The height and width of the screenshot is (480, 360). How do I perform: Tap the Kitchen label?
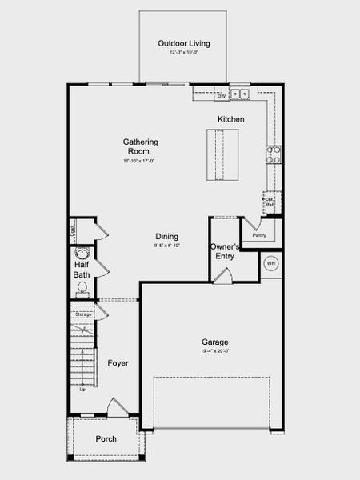coord(231,119)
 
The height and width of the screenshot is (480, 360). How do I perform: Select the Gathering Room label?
coord(140,146)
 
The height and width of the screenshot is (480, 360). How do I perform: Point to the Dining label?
coord(166,236)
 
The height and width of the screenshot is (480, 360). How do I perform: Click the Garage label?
coord(215,342)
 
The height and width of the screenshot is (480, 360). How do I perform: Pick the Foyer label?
coord(118,363)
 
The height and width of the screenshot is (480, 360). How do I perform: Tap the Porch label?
coord(106,438)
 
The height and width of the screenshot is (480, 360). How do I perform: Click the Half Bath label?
coord(82,270)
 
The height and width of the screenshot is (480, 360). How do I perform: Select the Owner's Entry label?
coord(225,252)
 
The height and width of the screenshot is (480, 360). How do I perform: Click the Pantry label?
coord(258,235)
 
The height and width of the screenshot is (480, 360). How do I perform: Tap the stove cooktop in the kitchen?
coord(274,154)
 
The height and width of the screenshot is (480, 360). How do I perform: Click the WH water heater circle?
coord(270,263)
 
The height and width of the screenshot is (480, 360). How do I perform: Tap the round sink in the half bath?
coord(81,255)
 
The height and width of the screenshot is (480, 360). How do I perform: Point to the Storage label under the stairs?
coord(83,314)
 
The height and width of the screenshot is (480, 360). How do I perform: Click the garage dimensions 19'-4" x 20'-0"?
coord(215,351)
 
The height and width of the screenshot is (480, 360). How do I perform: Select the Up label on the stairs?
coord(82,390)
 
